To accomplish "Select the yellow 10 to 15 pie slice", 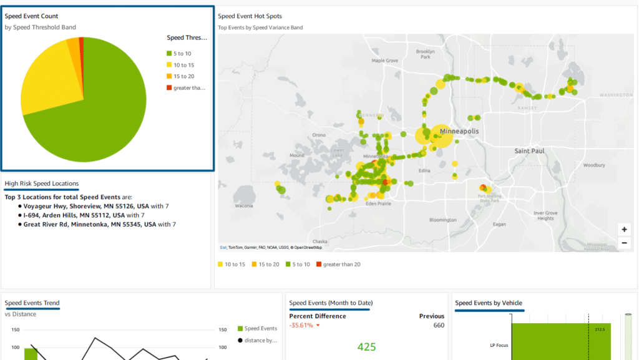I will coord(53,75).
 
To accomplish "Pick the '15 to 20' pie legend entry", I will coord(183,76).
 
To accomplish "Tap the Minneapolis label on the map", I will coord(459,132).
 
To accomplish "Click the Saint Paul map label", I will coord(529,151).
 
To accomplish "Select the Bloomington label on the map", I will coord(443,220).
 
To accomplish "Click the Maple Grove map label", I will coord(384,61).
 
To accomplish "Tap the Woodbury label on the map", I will coord(593,165).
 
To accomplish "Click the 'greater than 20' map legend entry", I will coord(341,265).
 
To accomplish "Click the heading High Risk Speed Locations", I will coord(42,183).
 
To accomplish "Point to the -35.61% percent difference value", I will coord(301,325).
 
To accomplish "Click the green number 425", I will coord(366,347).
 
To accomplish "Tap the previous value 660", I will coord(438,325).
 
